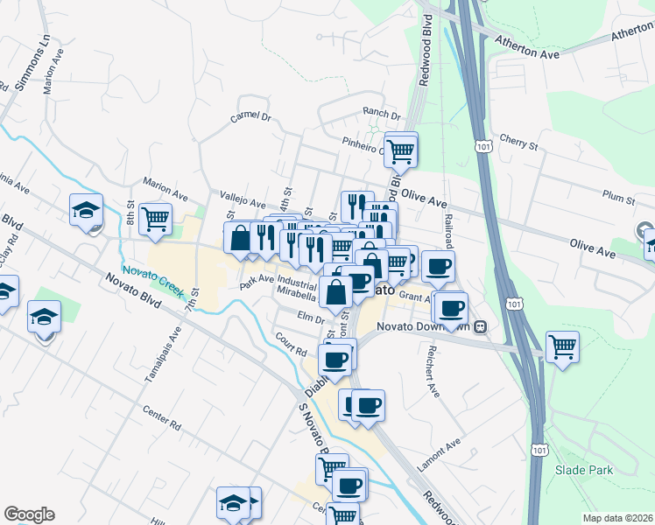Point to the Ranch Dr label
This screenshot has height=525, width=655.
382,115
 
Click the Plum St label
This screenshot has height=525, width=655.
618,199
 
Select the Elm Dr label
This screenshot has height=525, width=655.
311,318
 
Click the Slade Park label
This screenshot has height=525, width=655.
584,470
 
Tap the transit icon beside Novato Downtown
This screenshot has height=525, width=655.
481,327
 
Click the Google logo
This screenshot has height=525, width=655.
29,514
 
